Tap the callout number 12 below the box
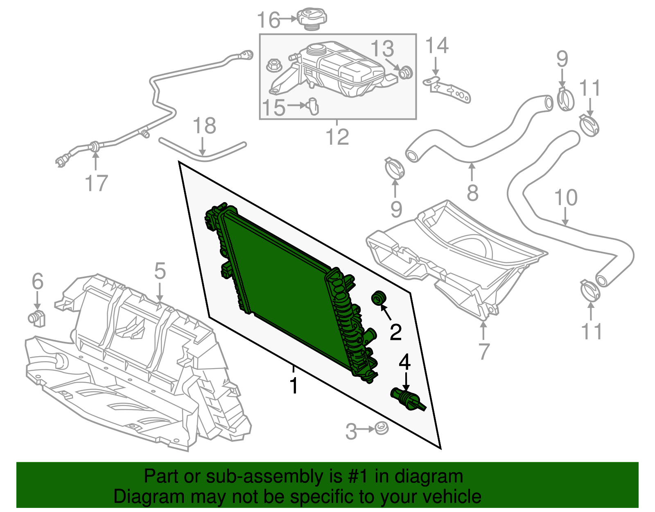pyautogui.click(x=337, y=137)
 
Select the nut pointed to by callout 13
pyautogui.click(x=406, y=73)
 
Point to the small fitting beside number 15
pyautogui.click(x=313, y=106)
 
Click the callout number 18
pyautogui.click(x=204, y=126)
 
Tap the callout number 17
pyautogui.click(x=96, y=183)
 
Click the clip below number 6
pyautogui.click(x=37, y=318)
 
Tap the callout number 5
pyautogui.click(x=160, y=271)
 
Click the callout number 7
pyautogui.click(x=483, y=351)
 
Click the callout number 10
pyautogui.click(x=565, y=198)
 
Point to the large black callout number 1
pyautogui.click(x=293, y=386)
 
